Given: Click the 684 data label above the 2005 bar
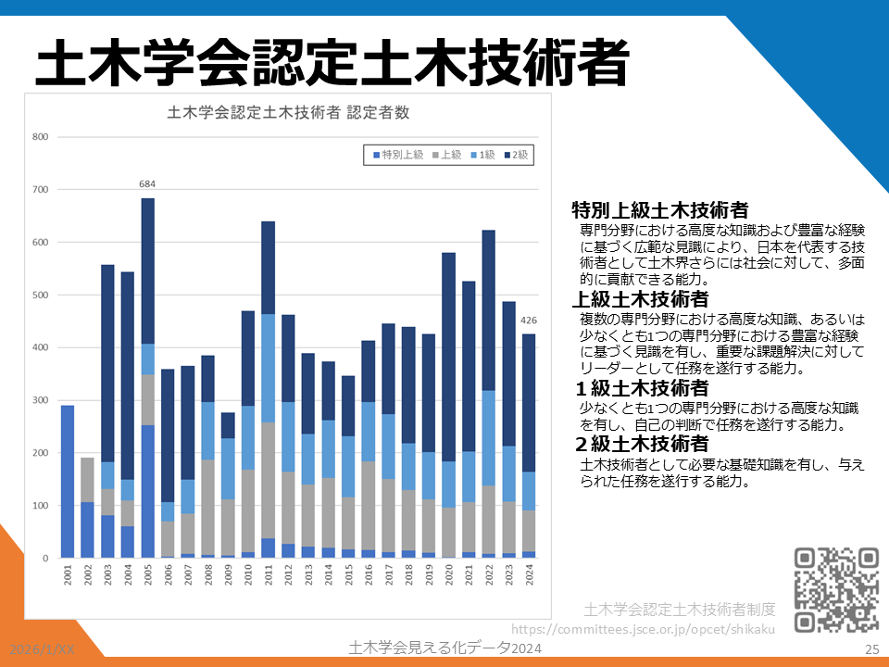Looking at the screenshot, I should [147, 184].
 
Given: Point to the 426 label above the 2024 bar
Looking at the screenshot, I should [529, 321].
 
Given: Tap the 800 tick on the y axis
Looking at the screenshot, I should [40, 137].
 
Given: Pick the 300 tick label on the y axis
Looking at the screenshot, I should [40, 400].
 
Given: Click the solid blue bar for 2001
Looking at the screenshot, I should [68, 481].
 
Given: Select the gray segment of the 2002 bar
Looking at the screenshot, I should [87, 480].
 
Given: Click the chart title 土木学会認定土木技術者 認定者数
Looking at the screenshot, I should [288, 114].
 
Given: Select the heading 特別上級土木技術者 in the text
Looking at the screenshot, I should [660, 209].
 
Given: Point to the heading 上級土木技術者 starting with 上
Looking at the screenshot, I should [641, 299].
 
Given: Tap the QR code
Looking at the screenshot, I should [836, 589].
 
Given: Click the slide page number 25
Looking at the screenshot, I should [870, 649].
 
